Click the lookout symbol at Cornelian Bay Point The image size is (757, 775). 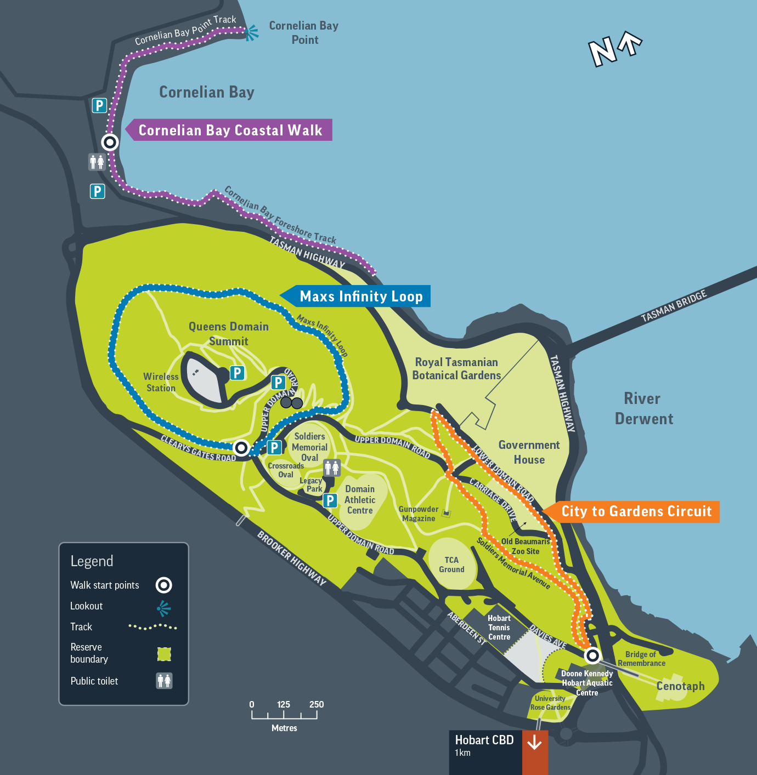[251, 33]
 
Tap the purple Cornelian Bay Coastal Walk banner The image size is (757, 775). [230, 130]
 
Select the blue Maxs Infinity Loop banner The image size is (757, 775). [360, 297]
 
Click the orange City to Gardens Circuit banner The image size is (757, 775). [636, 511]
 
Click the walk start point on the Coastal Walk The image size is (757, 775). [110, 143]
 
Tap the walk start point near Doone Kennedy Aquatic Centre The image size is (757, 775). [592, 655]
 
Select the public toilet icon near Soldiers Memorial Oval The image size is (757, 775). [332, 468]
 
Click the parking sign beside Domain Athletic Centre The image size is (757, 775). [330, 500]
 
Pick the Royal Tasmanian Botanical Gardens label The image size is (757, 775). [456, 369]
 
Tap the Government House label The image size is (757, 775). [529, 452]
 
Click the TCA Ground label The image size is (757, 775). [451, 565]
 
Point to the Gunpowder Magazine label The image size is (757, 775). [419, 514]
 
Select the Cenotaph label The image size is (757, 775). [680, 686]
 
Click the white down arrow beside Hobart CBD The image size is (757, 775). [534, 743]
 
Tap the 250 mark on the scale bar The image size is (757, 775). [317, 705]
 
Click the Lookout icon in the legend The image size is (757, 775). [163, 608]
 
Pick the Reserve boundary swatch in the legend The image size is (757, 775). [164, 654]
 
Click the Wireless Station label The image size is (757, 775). [161, 382]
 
